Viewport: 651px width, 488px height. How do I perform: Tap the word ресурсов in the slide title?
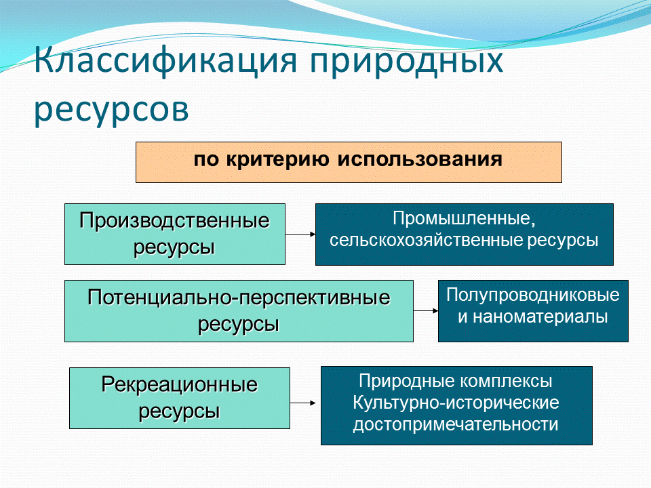coord(111,109)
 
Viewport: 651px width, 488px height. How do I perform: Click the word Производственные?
coord(174,222)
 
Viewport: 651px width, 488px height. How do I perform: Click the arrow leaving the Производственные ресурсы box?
coord(300,234)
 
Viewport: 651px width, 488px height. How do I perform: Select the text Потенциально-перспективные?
coord(239,298)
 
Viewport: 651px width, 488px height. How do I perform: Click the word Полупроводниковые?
coord(533,296)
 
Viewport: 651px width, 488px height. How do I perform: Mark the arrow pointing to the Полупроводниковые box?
coord(426,311)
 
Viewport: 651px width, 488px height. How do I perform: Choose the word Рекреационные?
coord(180,386)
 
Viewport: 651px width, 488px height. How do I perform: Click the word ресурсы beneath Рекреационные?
coord(179,411)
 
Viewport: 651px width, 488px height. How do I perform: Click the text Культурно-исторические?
coord(456,403)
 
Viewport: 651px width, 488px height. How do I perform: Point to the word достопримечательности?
coord(456,425)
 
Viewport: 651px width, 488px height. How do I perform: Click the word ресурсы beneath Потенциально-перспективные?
coord(239,323)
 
